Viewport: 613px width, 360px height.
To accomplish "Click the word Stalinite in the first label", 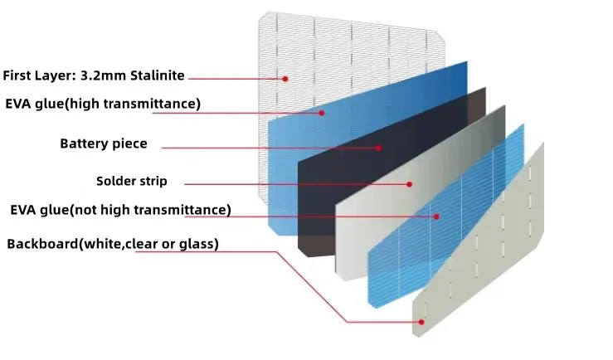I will click(155, 75).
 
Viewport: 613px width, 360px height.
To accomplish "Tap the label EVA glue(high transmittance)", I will click(103, 104).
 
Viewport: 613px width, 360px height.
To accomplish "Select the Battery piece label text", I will click(104, 144).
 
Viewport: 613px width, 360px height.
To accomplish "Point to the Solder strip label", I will click(132, 181).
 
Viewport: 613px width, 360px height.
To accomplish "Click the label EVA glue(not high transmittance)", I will click(120, 210).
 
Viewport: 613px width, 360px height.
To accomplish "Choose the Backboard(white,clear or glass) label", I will click(113, 244).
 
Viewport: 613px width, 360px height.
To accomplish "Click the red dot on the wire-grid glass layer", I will click(285, 79).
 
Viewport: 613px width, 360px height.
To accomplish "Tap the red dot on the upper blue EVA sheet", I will click(322, 113).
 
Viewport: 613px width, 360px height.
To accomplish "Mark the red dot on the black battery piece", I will click(378, 148).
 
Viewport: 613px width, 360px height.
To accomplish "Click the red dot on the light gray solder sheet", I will click(409, 183).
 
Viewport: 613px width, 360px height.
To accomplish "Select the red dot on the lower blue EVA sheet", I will click(436, 216).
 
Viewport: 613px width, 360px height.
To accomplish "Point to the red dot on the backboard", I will click(421, 321).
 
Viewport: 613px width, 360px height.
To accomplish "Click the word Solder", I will click(116, 181).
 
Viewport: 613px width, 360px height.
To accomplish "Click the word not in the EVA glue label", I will click(91, 210).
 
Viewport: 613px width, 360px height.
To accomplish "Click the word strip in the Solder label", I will click(153, 181).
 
